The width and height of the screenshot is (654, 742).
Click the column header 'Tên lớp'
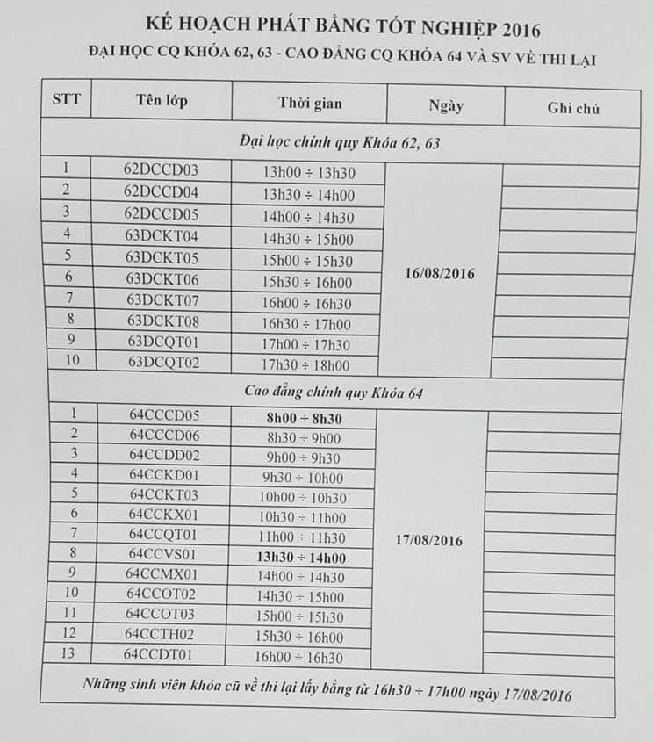162,101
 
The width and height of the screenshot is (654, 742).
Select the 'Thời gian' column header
310,104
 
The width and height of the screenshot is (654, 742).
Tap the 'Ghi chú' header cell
572,109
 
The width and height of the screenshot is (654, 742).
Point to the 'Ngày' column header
446,106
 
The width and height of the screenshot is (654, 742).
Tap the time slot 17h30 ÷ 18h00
306,366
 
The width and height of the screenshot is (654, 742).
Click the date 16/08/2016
440,274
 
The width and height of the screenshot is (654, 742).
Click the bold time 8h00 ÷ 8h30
304,419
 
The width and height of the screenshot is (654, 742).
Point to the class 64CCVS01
162,554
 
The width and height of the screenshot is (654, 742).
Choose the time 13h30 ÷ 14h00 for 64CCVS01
300,558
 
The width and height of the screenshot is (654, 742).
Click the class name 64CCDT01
158,654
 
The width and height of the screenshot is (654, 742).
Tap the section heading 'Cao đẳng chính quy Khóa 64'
334,393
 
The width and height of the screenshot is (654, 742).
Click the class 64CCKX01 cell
163,514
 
